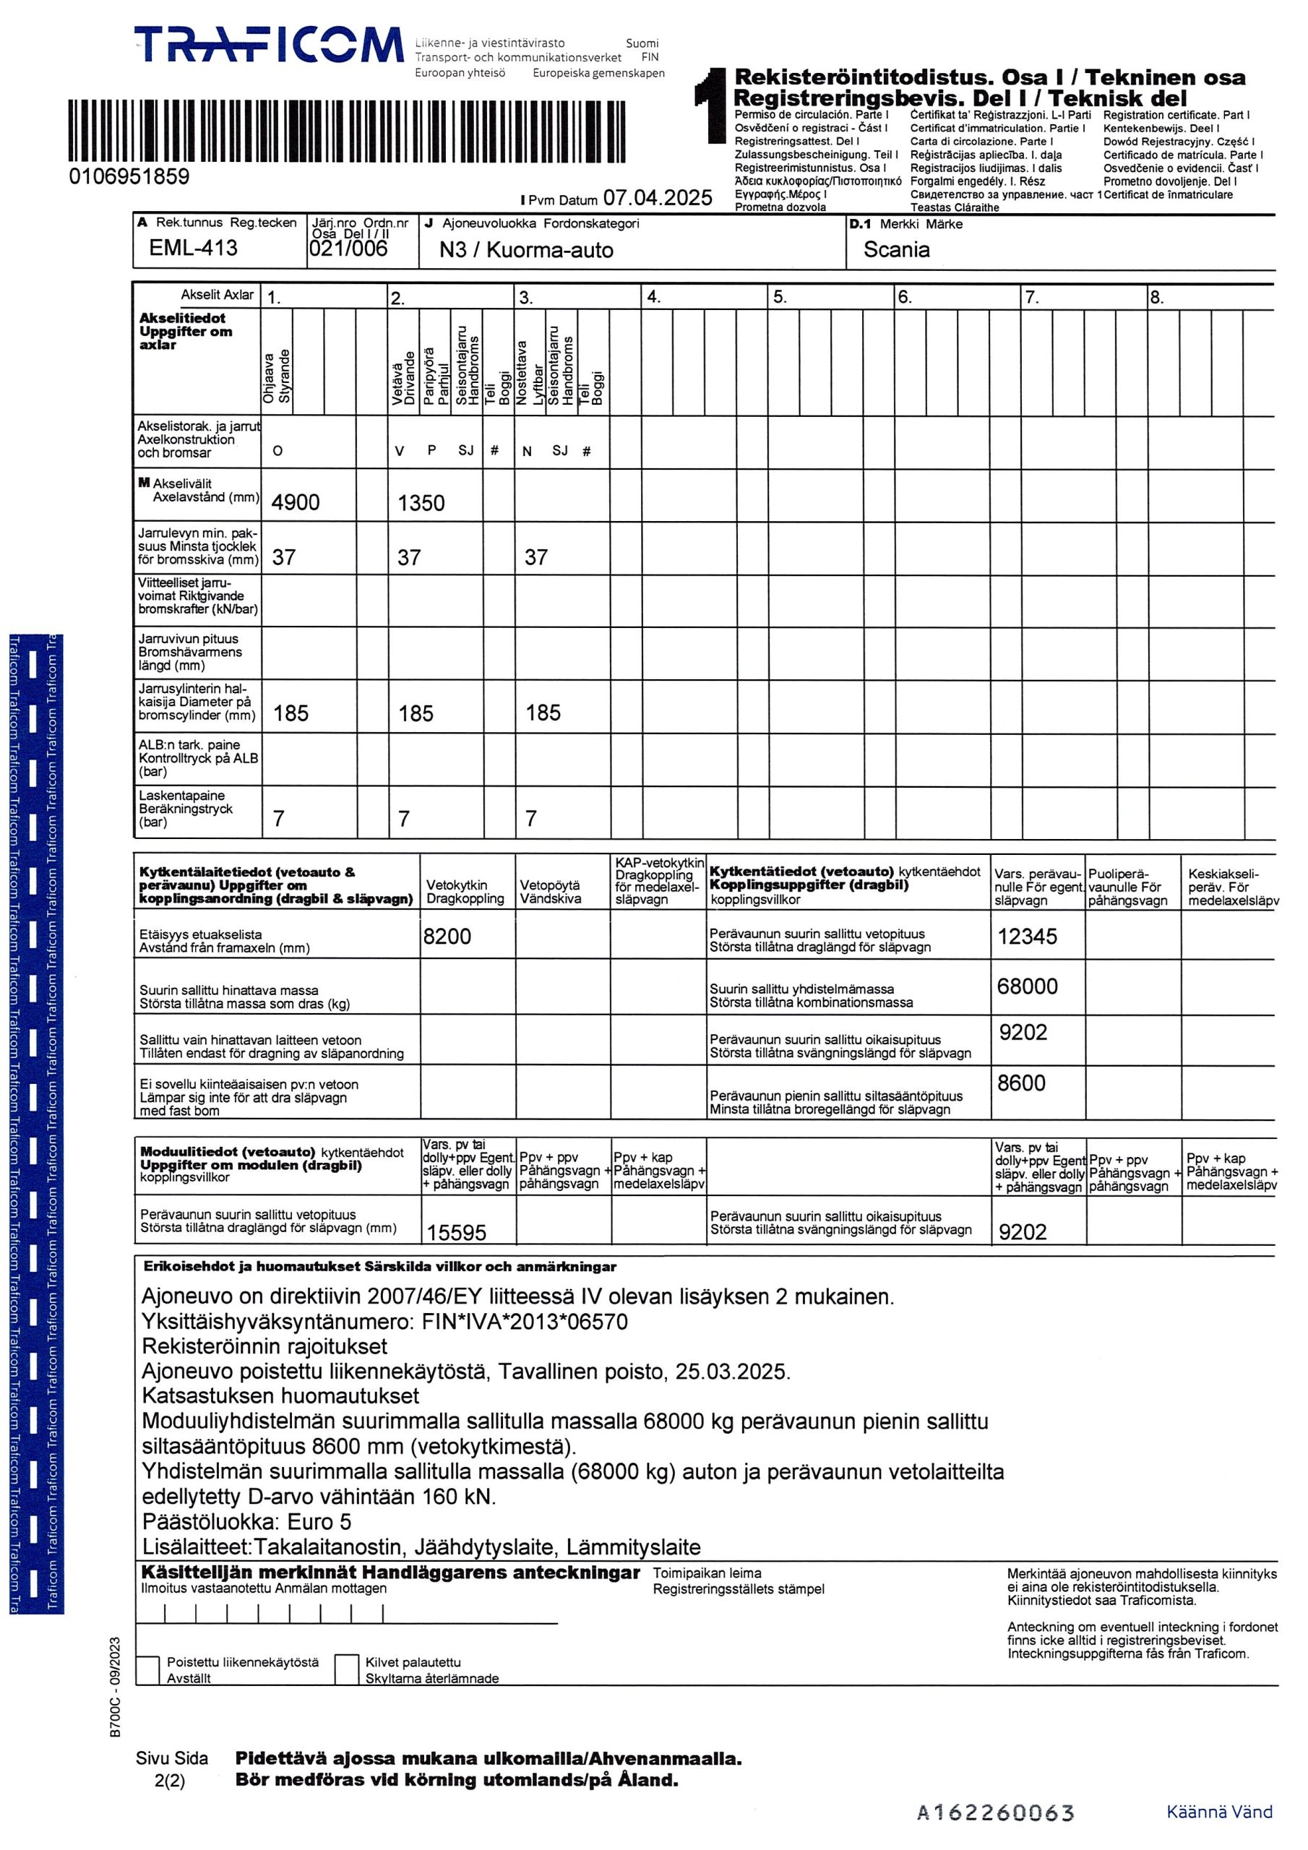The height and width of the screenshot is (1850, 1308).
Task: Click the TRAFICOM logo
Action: point(268,45)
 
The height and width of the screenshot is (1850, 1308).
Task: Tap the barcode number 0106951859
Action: point(130,176)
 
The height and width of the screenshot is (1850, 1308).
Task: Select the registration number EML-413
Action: point(194,248)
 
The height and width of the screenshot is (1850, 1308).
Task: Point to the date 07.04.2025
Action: point(658,197)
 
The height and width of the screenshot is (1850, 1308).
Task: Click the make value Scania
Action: point(896,250)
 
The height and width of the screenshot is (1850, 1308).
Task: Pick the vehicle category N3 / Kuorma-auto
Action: point(526,251)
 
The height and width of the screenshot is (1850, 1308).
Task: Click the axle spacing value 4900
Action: point(295,503)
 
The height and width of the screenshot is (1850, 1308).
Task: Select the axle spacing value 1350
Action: point(421,504)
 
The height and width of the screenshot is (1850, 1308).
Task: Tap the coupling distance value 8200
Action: point(447,937)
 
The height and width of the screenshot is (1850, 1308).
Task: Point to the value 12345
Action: point(1027,937)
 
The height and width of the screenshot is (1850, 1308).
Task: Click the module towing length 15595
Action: point(456,1232)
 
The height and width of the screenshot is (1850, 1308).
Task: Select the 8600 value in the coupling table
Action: point(1021,1083)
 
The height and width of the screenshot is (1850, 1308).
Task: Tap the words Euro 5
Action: point(319,1522)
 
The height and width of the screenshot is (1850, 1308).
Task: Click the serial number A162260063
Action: point(995,1813)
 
